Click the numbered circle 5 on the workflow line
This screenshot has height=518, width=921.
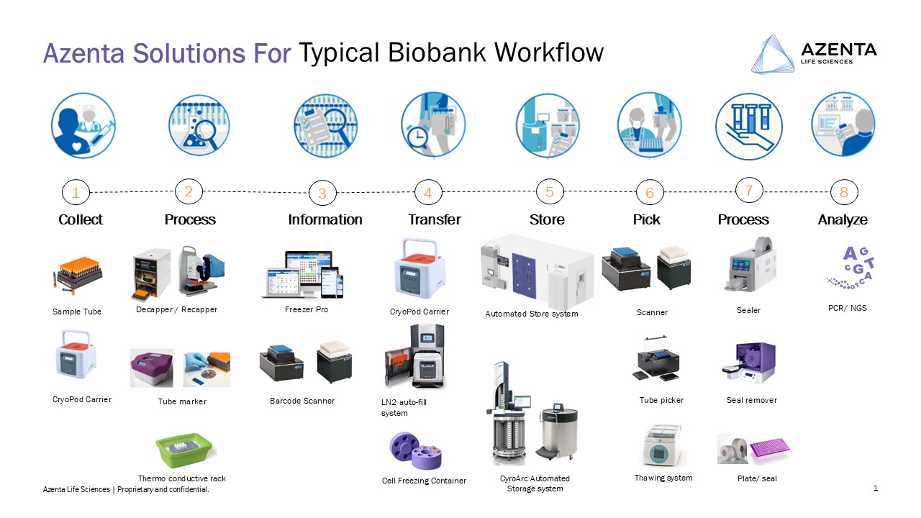pos(550,191)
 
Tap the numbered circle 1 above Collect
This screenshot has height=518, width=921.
pos(76,192)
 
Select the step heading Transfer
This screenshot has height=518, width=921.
pos(434,219)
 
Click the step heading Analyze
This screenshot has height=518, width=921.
pos(843,219)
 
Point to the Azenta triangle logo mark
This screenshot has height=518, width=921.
pos(773,54)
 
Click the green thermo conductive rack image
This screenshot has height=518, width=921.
pos(183,450)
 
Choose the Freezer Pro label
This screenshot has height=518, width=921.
pos(307,309)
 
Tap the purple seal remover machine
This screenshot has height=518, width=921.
pos(749,363)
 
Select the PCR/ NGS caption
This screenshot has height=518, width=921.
pos(847,308)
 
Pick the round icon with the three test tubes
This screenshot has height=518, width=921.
pos(748,126)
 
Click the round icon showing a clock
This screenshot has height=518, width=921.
pos(433,124)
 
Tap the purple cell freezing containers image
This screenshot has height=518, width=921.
pos(415,450)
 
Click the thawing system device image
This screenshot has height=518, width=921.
pos(662,445)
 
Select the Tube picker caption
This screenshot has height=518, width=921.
pos(661,400)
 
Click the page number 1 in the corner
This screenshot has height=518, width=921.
pos(876,488)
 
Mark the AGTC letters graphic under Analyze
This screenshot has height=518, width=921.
pos(850,268)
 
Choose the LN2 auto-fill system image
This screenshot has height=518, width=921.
pos(414,356)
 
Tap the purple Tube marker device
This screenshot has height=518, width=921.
pos(151,368)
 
